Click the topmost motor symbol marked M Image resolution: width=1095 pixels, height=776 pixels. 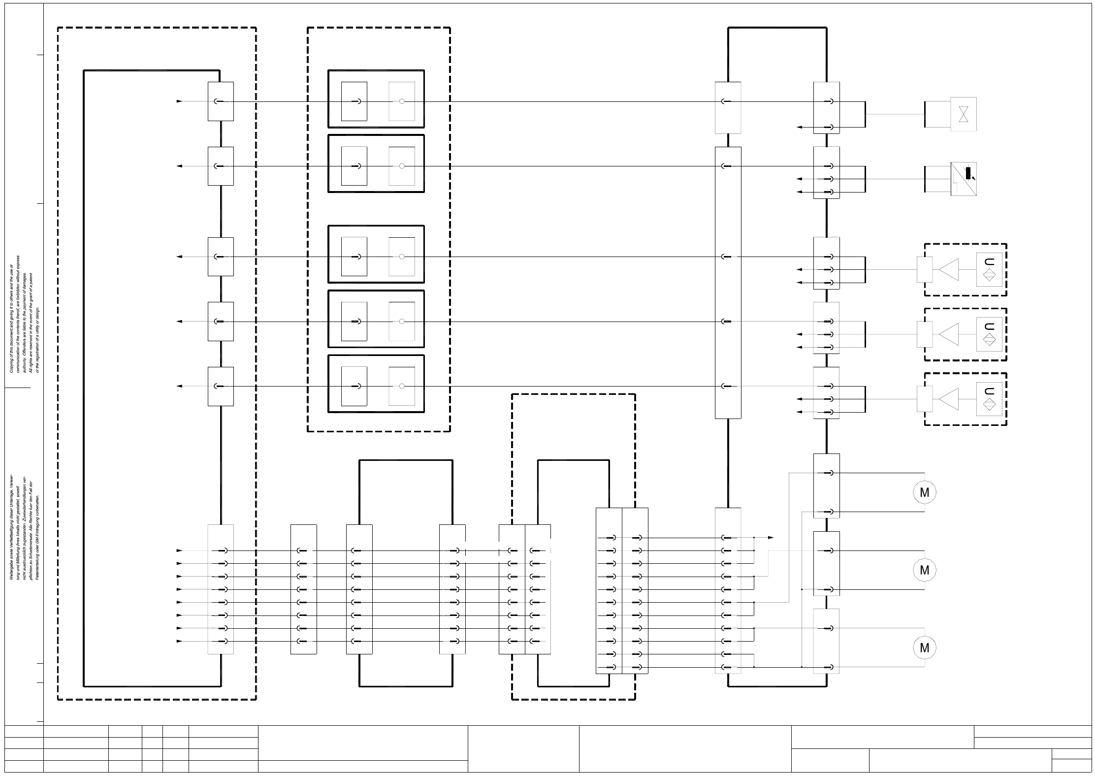point(924,492)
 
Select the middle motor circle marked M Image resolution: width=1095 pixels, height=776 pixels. point(924,570)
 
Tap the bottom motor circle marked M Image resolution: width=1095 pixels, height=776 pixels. point(924,647)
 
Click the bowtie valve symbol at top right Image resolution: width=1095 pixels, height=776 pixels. point(964,114)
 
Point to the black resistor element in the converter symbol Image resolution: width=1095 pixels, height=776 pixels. point(968,173)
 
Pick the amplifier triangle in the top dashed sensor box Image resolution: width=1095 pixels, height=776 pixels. point(949,269)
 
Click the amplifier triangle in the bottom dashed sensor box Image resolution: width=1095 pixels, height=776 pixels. point(949,399)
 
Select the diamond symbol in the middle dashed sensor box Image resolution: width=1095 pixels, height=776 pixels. point(989,340)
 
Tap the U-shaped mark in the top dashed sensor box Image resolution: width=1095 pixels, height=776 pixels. point(989,261)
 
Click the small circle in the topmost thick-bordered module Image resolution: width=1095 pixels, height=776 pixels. point(402,101)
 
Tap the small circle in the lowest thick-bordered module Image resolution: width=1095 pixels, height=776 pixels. point(402,387)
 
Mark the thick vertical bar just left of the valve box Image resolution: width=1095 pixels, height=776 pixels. point(925,114)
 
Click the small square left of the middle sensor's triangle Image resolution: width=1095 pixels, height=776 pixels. point(925,334)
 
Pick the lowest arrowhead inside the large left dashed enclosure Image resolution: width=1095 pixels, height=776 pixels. point(179,641)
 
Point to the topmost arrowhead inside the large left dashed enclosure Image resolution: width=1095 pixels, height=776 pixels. point(179,101)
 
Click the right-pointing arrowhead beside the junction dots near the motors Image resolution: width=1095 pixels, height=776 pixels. point(771,538)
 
